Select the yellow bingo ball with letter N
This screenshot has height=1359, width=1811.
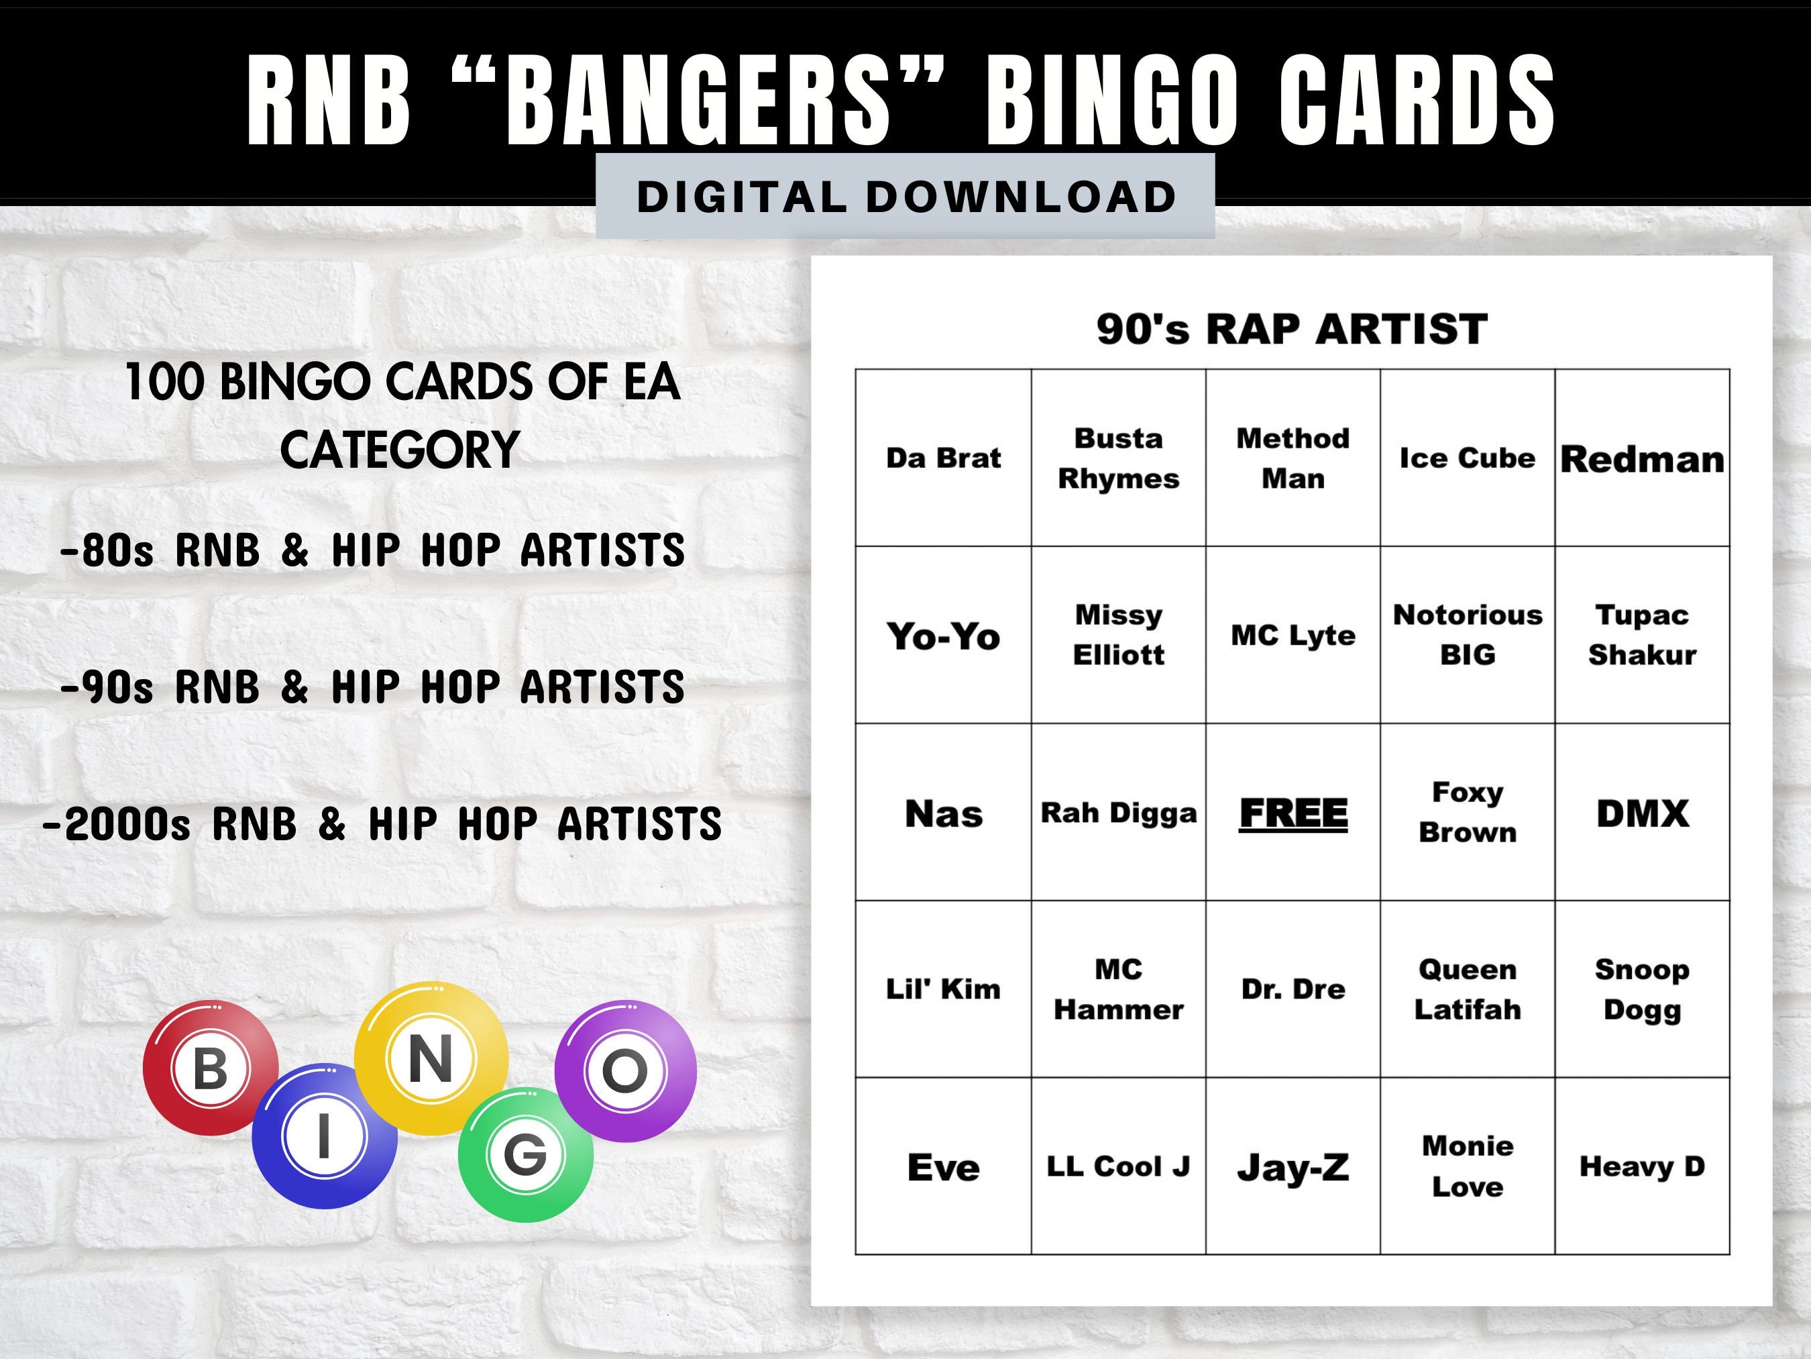pos(431,1058)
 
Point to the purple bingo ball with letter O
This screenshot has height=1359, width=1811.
pos(626,1070)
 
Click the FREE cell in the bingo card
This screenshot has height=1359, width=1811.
pos(1293,813)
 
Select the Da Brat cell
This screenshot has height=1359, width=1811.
pos(943,458)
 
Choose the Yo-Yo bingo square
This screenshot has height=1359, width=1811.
pos(943,636)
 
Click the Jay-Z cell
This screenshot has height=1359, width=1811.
pos(1293,1166)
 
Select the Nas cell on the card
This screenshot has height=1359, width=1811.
pos(943,813)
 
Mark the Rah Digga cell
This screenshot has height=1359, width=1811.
pos(1118,813)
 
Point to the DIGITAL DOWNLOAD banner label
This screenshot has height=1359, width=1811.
pos(905,197)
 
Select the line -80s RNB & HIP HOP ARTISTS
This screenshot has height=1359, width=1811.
pos(372,550)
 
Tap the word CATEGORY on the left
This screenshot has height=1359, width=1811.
pos(400,450)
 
